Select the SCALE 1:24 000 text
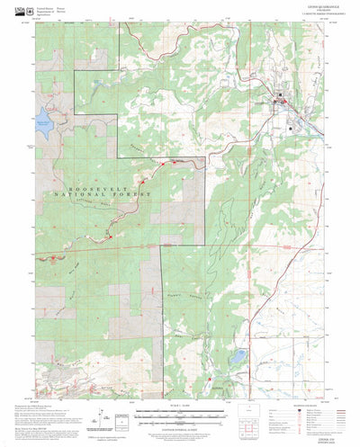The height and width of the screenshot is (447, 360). click(x=180, y=407)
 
